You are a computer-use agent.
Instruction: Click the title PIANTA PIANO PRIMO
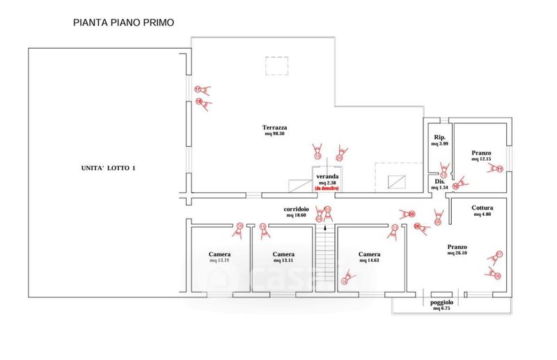123,22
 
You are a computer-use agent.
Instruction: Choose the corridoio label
297,209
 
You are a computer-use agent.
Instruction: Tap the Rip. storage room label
440,137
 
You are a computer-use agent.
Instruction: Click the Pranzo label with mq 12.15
481,152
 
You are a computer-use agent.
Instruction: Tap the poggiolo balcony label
442,303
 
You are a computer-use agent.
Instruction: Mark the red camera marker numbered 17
198,89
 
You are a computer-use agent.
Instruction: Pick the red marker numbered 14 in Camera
344,281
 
